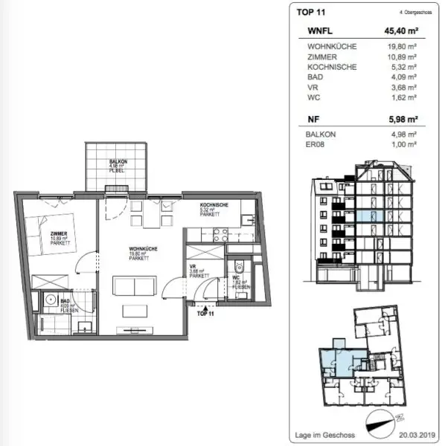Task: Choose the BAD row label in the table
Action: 314,77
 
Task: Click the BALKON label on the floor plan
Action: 117,161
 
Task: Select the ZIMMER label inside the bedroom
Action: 60,233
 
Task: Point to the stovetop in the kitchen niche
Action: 220,233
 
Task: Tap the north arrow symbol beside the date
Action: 391,421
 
